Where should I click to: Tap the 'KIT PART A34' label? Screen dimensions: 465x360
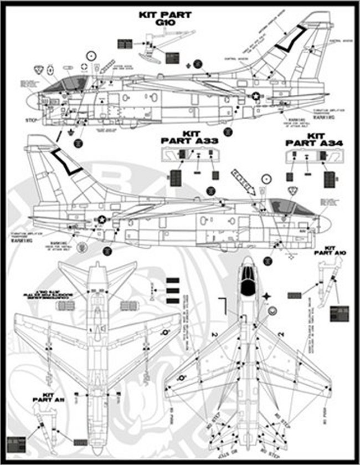pos(315,139)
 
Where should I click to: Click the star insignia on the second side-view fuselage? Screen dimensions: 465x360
pos(102,219)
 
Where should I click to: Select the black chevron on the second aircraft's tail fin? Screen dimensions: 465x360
pos(66,162)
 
